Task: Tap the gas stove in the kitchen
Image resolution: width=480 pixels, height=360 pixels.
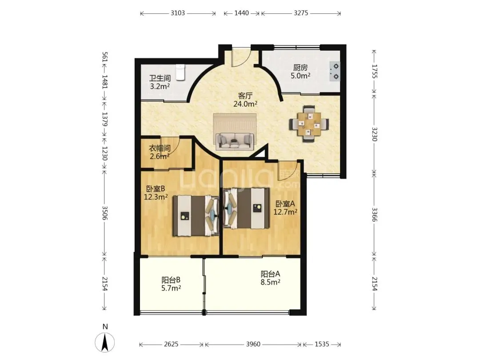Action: (x=335, y=71)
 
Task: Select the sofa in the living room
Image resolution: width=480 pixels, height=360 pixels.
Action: (x=235, y=141)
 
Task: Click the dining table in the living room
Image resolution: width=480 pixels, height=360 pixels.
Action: (x=309, y=124)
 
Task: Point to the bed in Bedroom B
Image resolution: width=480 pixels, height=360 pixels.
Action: (x=196, y=216)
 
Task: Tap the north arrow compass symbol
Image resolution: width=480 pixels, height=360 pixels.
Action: (x=105, y=341)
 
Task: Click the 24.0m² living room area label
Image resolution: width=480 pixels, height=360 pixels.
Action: (x=245, y=104)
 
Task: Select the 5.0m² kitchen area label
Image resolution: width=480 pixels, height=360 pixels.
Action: (x=300, y=76)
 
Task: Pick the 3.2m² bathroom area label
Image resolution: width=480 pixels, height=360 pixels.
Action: (x=160, y=86)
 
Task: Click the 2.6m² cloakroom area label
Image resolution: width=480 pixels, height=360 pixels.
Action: (x=160, y=156)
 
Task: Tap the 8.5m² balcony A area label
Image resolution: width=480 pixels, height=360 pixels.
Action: (x=270, y=282)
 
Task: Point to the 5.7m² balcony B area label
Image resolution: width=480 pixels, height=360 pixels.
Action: (x=171, y=288)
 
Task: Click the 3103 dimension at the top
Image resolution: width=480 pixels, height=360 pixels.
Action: (x=178, y=13)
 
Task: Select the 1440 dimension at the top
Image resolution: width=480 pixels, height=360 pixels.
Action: (x=242, y=13)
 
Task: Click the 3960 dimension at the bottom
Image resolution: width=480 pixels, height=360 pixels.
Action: (x=253, y=344)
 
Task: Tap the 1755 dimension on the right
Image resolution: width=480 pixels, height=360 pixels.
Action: (x=374, y=71)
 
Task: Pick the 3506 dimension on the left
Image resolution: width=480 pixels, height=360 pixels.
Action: (x=105, y=213)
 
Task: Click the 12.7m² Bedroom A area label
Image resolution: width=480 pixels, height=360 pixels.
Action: (x=285, y=212)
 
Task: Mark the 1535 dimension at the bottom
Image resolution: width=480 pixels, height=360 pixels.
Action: (x=322, y=344)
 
